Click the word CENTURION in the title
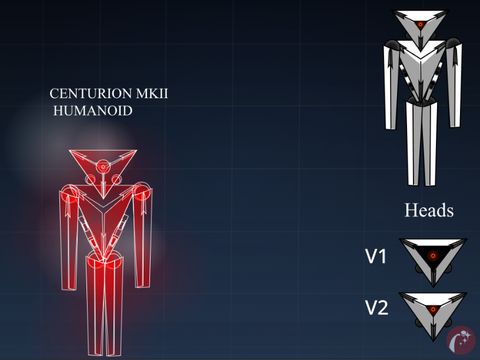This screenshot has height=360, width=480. pos(91,94)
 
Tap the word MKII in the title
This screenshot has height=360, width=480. pos(152,94)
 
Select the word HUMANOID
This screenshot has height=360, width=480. pos(93,111)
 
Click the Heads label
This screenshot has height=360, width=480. pos(429,210)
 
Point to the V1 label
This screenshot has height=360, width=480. pos(376,257)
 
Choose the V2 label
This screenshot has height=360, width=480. pos(377,308)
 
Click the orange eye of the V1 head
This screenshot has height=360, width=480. pos(433,256)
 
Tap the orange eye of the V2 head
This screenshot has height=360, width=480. pos(433,310)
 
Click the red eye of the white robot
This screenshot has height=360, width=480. pos(421,24)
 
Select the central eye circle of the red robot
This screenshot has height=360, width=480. pos(103,167)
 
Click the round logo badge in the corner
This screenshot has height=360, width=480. pos(461,340)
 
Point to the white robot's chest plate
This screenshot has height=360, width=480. pos(421,70)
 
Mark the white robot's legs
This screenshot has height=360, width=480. pos(421,143)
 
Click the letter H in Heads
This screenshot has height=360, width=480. pos(410,210)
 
